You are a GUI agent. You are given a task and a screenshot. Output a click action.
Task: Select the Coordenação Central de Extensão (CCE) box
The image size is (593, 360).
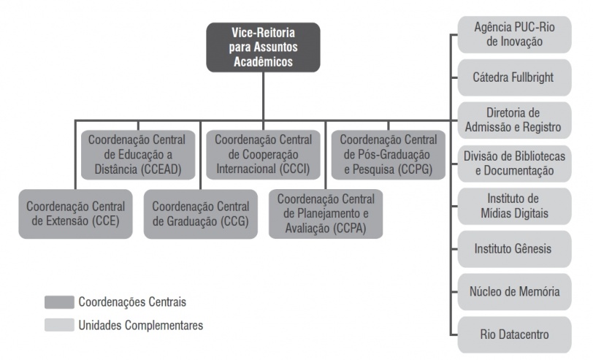(x=77, y=214)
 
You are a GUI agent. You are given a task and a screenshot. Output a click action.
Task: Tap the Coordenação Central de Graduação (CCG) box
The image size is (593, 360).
(x=200, y=214)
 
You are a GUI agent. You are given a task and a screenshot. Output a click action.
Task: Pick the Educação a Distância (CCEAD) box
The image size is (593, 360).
(x=138, y=155)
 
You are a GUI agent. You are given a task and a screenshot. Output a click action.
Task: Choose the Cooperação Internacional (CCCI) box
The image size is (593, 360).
(x=263, y=155)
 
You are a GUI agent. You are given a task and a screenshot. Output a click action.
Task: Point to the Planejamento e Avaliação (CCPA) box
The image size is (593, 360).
(x=326, y=214)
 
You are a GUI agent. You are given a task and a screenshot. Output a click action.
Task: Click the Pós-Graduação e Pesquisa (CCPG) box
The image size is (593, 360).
(x=388, y=155)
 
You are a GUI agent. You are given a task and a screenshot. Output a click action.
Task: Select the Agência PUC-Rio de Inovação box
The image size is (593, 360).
(x=513, y=34)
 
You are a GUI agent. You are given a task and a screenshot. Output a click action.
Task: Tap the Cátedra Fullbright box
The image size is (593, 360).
(x=513, y=77)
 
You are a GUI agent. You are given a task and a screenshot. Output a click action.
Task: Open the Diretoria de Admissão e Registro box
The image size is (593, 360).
(x=513, y=120)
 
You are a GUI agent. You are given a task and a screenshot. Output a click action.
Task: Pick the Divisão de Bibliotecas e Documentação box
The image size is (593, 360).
(x=513, y=163)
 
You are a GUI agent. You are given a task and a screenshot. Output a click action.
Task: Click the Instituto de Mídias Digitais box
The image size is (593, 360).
(x=513, y=206)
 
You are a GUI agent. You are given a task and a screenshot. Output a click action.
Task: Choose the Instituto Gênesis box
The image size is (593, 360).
(x=513, y=249)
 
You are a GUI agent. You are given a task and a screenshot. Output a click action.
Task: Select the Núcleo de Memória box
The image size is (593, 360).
(x=513, y=292)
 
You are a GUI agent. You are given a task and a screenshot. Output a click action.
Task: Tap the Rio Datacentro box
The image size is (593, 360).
(x=513, y=335)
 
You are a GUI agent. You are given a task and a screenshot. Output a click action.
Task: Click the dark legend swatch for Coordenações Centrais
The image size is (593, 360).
(x=59, y=302)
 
